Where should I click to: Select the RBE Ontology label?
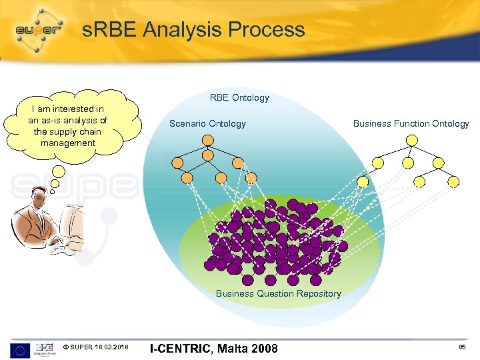coord(239,98)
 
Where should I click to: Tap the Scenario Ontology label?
coord(207,123)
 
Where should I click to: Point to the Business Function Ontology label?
coord(411,123)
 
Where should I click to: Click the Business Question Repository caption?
coord(278,293)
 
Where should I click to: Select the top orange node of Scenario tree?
coord(208,140)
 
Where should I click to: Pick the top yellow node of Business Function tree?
coord(412,140)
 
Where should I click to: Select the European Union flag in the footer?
coord(19,349)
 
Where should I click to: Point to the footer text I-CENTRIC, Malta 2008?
coord(213,348)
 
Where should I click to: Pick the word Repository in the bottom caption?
coord(319,293)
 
